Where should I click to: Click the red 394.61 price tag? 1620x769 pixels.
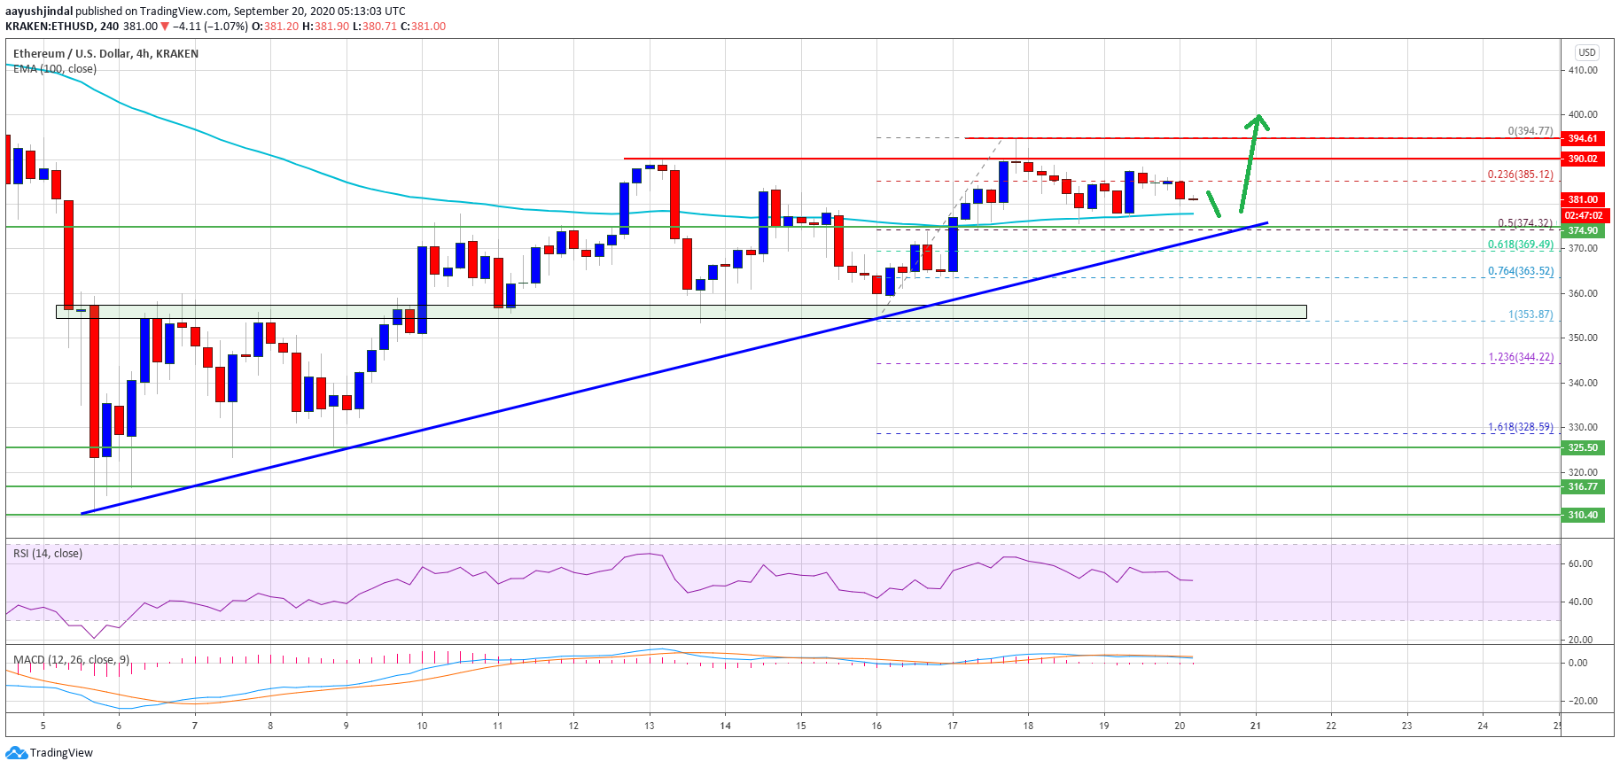click(x=1583, y=138)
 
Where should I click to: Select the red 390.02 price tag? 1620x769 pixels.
click(x=1583, y=159)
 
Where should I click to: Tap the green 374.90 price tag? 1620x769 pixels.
click(x=1583, y=230)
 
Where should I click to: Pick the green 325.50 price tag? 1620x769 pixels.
click(x=1583, y=447)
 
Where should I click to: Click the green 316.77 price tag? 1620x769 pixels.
click(x=1583, y=486)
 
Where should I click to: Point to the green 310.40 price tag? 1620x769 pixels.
click(x=1583, y=515)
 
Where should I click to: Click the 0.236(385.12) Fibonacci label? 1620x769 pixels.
click(x=1520, y=175)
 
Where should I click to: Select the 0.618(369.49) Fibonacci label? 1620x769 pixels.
click(x=1520, y=245)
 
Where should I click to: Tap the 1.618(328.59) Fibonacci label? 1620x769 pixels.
click(x=1520, y=427)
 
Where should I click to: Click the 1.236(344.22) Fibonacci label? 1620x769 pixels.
click(x=1520, y=357)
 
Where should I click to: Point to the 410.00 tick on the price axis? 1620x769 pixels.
click(x=1583, y=70)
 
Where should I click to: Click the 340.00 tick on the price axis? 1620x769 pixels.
click(x=1583, y=383)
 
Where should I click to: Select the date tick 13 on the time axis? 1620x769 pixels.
click(x=650, y=726)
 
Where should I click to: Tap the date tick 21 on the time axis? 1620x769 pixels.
click(x=1255, y=726)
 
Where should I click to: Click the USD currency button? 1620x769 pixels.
click(x=1586, y=52)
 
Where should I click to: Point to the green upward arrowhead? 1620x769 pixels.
click(x=1257, y=120)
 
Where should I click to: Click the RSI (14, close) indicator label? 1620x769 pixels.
click(x=48, y=554)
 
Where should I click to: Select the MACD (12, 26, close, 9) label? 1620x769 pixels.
click(x=71, y=660)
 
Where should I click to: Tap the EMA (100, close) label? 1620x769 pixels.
click(x=55, y=69)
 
